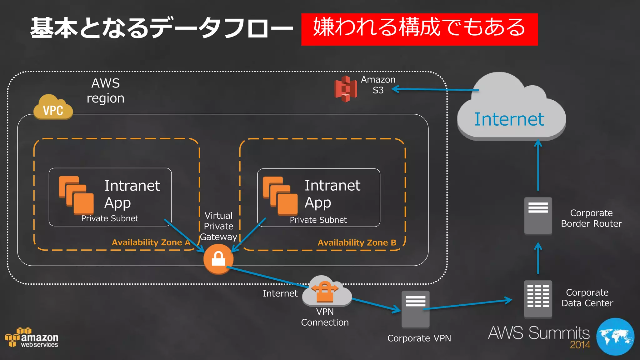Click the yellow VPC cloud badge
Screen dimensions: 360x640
click(x=53, y=108)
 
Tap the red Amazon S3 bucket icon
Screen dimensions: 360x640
click(x=345, y=89)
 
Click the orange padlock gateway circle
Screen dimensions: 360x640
click(x=218, y=259)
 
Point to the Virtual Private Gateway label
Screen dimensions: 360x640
click(x=218, y=226)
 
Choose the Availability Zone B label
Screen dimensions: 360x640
click(x=357, y=243)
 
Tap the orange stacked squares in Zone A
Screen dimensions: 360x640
click(x=76, y=195)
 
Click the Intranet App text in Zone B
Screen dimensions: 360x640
click(x=332, y=194)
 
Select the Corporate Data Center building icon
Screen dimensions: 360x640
click(x=538, y=299)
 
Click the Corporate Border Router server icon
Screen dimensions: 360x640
click(x=538, y=216)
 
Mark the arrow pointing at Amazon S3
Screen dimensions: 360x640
click(x=434, y=90)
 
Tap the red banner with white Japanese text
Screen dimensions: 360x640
click(x=419, y=29)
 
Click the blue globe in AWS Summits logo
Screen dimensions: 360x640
click(x=615, y=337)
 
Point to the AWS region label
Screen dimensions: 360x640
click(x=106, y=91)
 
